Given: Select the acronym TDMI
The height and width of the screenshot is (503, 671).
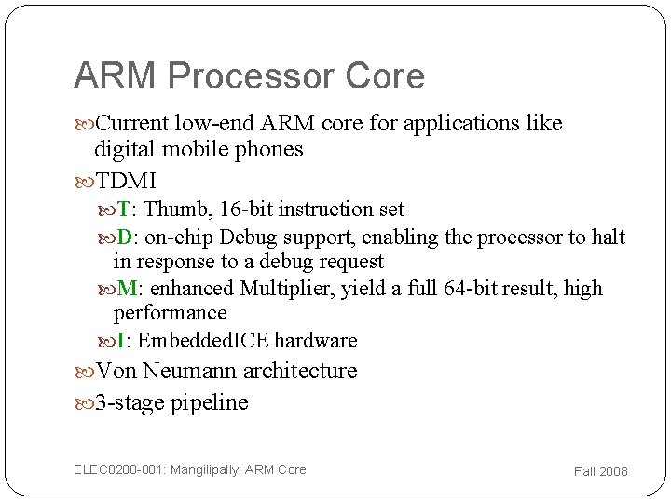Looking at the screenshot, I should pyautogui.click(x=126, y=181).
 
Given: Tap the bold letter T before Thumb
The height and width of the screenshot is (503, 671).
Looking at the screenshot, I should pyautogui.click(x=123, y=210).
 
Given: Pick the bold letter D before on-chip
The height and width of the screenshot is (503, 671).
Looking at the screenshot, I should pyautogui.click(x=124, y=238).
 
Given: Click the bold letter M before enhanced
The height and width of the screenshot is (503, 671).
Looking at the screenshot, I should pyautogui.click(x=126, y=289).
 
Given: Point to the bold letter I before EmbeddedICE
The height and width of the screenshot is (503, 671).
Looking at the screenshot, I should pyautogui.click(x=121, y=341).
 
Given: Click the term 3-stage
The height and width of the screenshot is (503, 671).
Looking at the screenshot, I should pyautogui.click(x=130, y=403).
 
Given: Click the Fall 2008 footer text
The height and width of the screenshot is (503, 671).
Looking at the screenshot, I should pyautogui.click(x=600, y=471).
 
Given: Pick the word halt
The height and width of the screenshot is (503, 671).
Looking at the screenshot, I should pyautogui.click(x=609, y=238).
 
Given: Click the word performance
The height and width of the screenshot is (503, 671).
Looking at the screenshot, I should pyautogui.click(x=170, y=313).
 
